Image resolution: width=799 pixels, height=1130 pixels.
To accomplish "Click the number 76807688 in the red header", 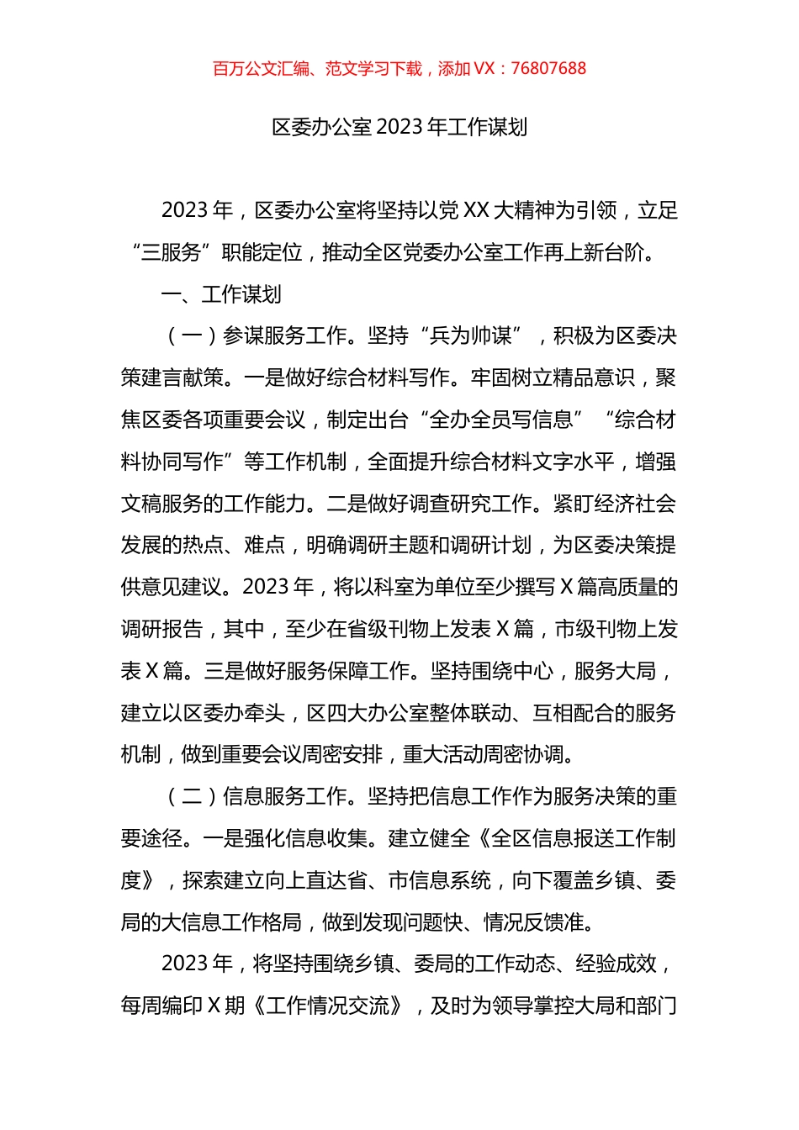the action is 548,69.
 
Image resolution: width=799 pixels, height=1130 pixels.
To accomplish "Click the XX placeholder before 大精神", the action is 476,210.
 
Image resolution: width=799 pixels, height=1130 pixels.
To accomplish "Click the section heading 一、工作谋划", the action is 221,294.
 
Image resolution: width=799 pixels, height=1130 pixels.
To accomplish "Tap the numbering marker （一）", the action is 191,336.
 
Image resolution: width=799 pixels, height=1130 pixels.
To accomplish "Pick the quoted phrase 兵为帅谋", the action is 470,336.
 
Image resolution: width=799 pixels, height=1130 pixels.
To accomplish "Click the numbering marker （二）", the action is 191,796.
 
